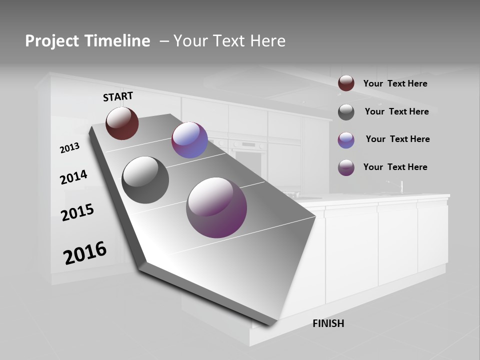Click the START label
[x=118, y=96]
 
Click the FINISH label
[x=328, y=323]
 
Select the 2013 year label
[x=69, y=148]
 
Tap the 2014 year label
[x=73, y=177]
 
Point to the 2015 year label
[x=77, y=212]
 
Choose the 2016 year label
[x=85, y=253]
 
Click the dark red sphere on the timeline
[x=122, y=123]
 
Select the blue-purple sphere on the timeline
[x=189, y=140]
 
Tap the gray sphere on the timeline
[x=145, y=180]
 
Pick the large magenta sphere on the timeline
[x=216, y=207]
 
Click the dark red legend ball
[x=346, y=83]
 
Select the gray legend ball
[x=346, y=112]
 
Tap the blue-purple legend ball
[x=346, y=140]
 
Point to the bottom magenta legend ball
[x=346, y=167]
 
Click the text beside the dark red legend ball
[x=395, y=83]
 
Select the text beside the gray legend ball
[x=396, y=111]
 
